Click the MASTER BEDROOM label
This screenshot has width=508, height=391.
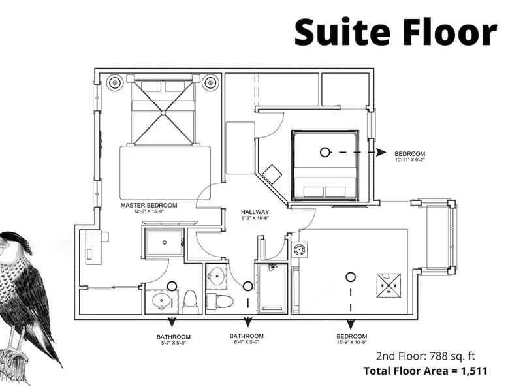pos(149,206)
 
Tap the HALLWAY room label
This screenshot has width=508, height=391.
pos(255,212)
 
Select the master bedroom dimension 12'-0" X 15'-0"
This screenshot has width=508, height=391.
pos(149,211)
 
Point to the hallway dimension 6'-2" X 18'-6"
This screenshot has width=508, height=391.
pos(255,218)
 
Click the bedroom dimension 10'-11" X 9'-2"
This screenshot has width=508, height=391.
pos(409,160)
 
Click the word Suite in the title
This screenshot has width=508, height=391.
pos(342,33)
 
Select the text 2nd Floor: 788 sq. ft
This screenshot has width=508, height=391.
pos(426,356)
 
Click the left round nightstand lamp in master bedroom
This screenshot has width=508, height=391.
pos(115,83)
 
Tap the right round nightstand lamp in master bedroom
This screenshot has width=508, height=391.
pos(210,83)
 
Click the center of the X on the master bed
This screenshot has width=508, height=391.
pos(163,113)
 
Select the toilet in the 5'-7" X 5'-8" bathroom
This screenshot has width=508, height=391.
pos(190,302)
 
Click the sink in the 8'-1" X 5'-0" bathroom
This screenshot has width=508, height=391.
pos(216,276)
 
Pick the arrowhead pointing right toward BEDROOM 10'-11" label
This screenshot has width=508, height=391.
pos(381,152)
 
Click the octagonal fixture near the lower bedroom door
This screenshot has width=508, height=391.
pos(298,249)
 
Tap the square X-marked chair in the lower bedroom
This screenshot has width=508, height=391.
pos(389,285)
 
